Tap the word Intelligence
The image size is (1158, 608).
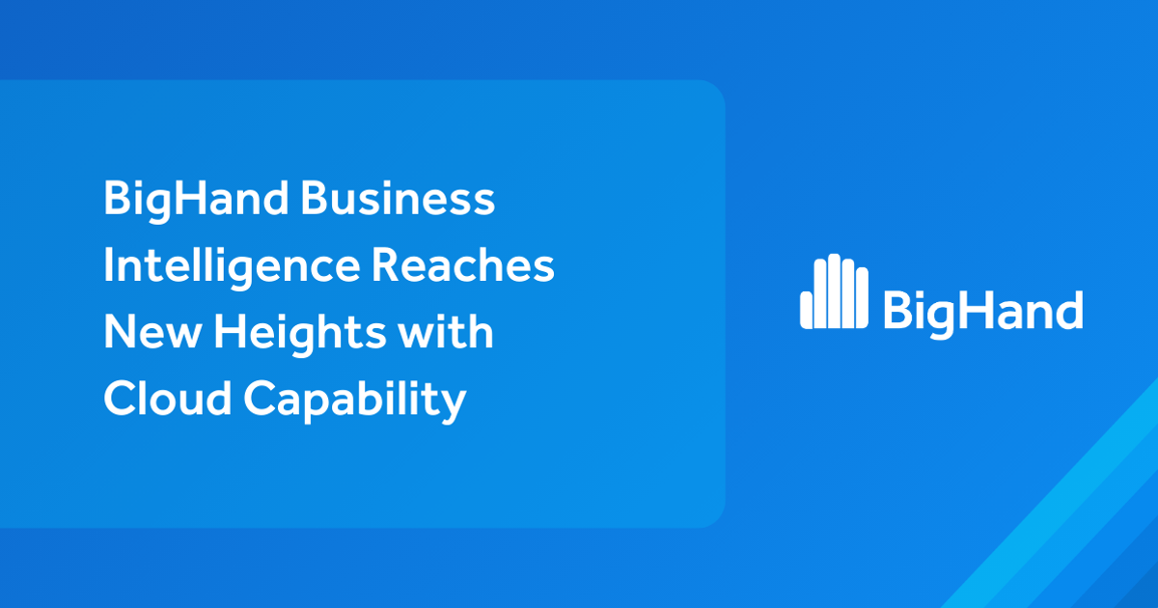coord(228,266)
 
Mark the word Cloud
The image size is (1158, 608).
coord(165,399)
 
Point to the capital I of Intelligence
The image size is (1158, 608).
coord(110,266)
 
